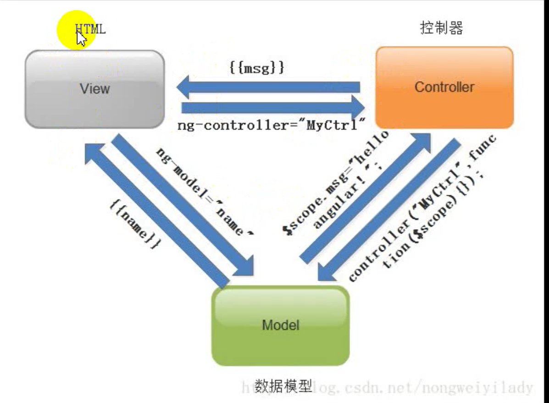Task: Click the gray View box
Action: (94, 89)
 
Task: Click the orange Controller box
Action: (444, 87)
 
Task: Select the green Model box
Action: (280, 325)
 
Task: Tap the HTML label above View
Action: (91, 29)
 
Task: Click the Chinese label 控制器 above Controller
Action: (441, 28)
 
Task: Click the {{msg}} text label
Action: (257, 68)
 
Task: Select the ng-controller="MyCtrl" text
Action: (272, 125)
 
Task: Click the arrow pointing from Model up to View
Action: (156, 215)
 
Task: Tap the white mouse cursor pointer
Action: (81, 39)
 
